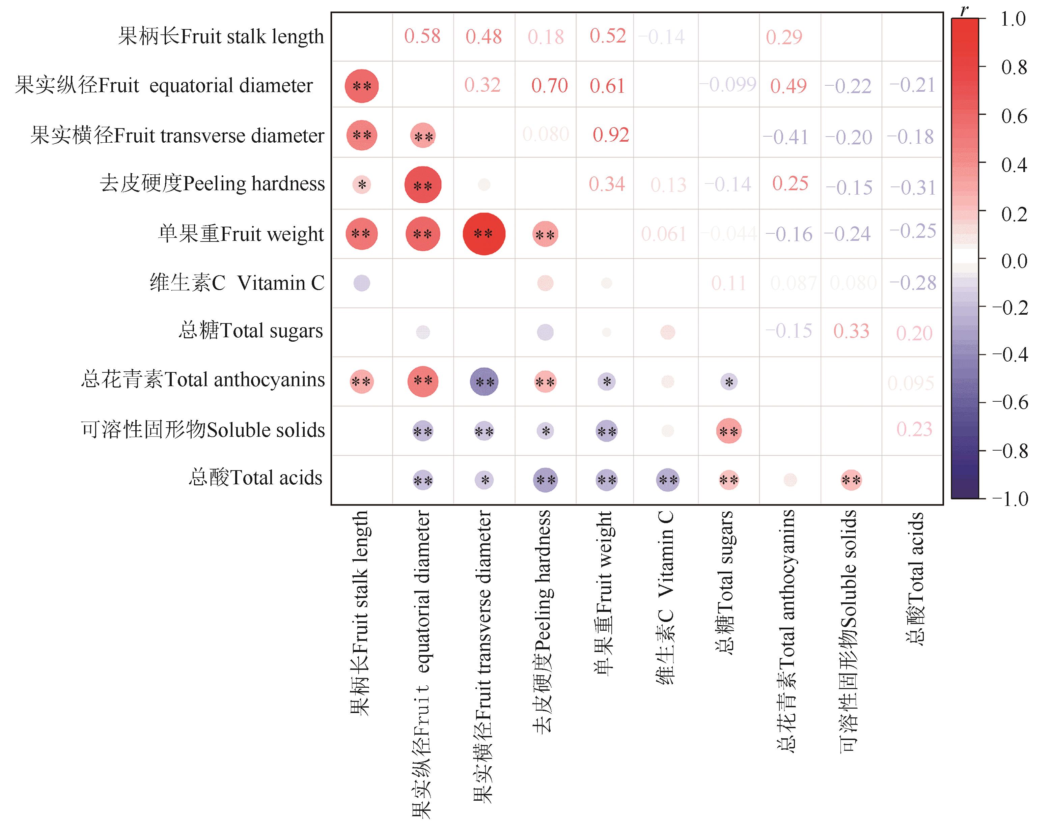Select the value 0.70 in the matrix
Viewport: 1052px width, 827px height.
[549, 86]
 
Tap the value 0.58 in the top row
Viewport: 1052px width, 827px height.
[422, 36]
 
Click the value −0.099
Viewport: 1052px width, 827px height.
[727, 85]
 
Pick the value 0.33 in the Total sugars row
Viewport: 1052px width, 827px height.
[851, 331]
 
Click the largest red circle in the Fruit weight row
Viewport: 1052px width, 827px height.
[484, 234]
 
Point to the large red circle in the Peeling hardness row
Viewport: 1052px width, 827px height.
[423, 185]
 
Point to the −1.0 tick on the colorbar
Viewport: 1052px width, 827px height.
[1010, 499]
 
